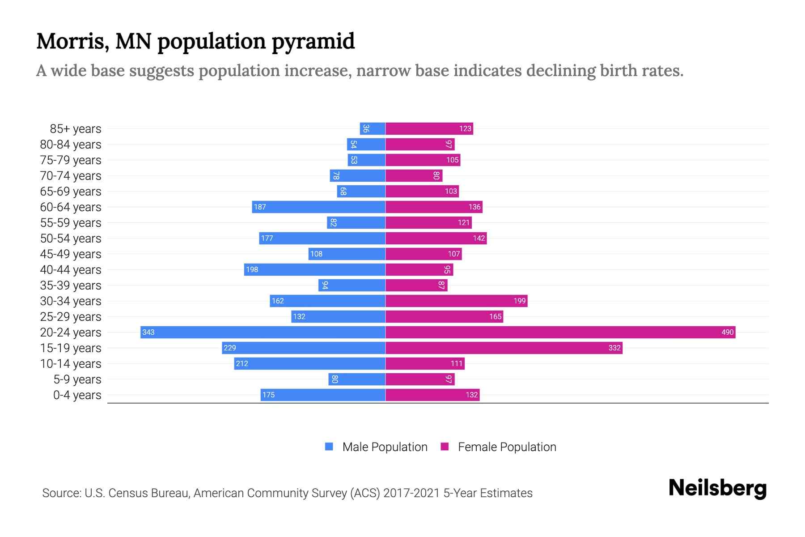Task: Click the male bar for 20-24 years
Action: tap(263, 332)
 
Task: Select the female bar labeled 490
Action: tap(560, 332)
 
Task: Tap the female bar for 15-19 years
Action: tap(504, 348)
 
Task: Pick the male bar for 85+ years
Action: tap(373, 128)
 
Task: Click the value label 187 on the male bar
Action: tap(260, 207)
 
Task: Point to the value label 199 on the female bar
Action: tap(519, 301)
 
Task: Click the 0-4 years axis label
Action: tap(77, 395)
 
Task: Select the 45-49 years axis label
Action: tap(71, 254)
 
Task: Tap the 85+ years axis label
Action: tap(75, 128)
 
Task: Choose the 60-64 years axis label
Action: tap(71, 207)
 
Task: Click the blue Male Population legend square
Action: tap(329, 447)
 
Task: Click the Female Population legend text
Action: tap(507, 447)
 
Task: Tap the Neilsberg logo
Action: tap(717, 488)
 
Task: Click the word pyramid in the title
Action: tap(313, 42)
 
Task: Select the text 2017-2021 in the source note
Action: tap(411, 493)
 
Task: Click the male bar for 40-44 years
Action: tap(314, 269)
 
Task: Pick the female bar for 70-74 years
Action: tap(414, 175)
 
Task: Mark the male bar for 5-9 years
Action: tap(357, 379)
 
